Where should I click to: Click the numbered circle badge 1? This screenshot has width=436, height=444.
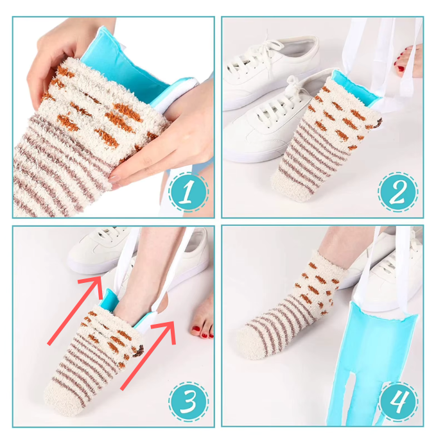click(x=188, y=192)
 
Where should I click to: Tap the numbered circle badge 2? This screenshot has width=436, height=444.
click(x=397, y=192)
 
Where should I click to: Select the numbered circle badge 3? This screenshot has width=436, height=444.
click(x=188, y=402)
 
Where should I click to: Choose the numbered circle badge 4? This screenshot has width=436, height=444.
click(x=397, y=402)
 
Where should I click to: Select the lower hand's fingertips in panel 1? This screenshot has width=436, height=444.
click(x=119, y=179)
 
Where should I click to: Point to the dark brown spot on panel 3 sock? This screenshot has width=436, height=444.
click(x=139, y=351)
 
